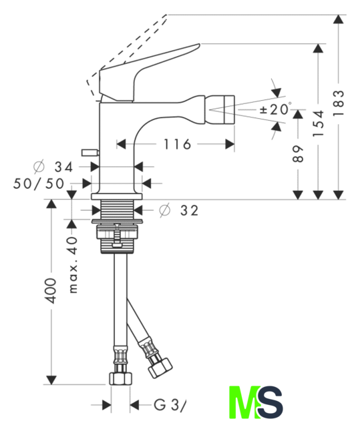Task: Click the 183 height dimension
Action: click(339, 103)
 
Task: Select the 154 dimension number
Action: click(318, 123)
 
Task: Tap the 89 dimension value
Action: click(298, 154)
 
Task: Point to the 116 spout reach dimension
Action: click(177, 144)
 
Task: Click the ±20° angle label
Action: click(275, 109)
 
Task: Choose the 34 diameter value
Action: click(63, 167)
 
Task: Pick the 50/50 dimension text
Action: click(39, 183)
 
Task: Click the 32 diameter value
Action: click(190, 211)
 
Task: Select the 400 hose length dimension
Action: click(51, 291)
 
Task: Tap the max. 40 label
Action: click(73, 265)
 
